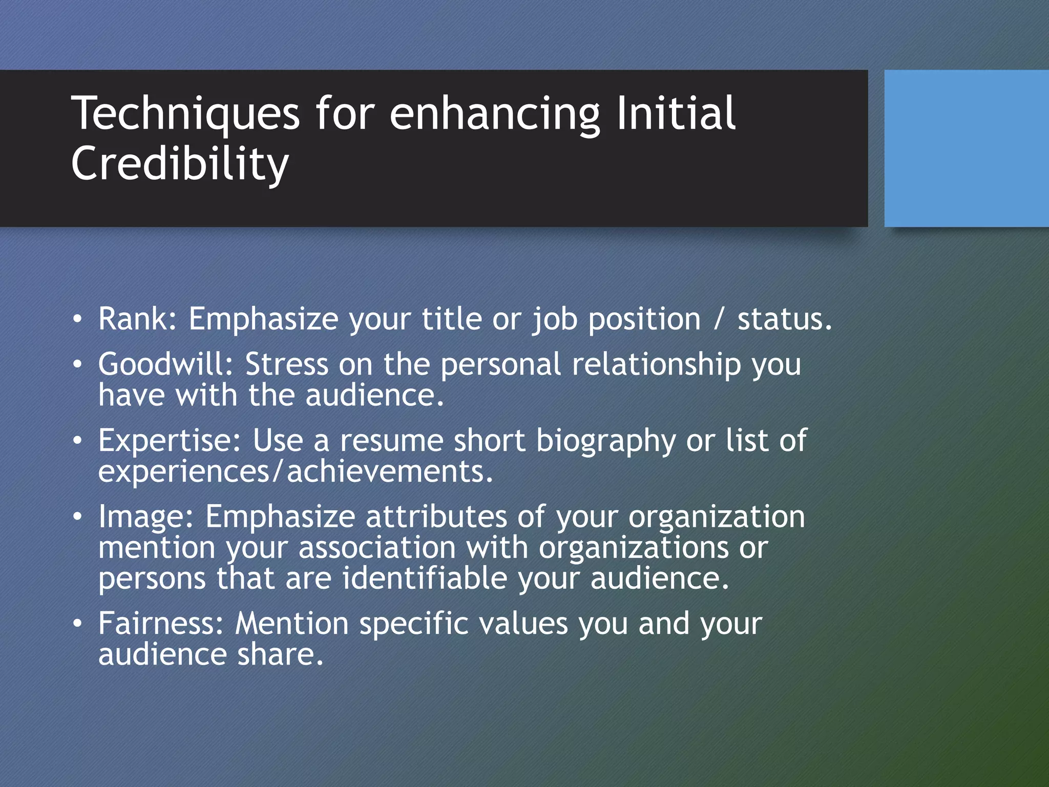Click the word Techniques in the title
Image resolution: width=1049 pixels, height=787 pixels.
point(185,114)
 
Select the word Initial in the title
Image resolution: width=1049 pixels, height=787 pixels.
point(676,114)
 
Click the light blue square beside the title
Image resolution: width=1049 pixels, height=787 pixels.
point(966,149)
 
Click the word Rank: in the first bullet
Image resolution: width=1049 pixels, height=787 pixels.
point(138,319)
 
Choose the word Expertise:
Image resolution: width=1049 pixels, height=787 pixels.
point(169,440)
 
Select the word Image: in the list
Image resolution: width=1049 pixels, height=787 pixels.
point(146,516)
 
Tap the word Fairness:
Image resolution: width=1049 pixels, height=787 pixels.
point(161,624)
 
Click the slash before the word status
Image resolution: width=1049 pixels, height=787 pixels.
point(719,319)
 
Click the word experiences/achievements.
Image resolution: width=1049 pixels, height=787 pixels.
point(296,471)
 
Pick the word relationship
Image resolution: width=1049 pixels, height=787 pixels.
point(656,364)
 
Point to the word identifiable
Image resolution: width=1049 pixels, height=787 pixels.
point(424,578)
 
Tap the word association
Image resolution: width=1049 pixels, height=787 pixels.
point(376,547)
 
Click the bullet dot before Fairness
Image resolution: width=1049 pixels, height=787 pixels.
point(77,624)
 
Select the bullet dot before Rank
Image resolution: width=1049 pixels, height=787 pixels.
point(77,320)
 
